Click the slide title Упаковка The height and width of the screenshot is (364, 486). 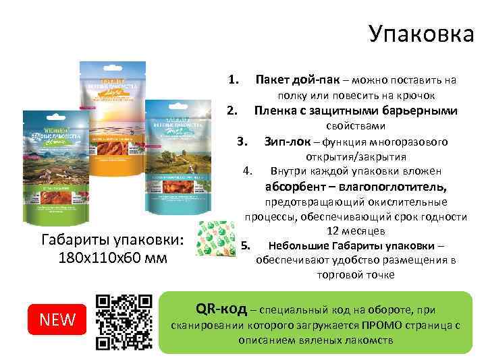coord(421,34)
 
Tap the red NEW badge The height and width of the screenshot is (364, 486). coord(58,319)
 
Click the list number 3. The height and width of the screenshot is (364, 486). coord(244,142)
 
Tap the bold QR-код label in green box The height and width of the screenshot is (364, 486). coord(221,309)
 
